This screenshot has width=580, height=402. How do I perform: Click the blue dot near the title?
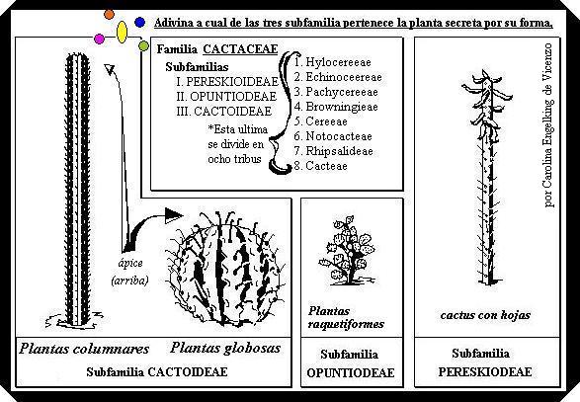point(139,23)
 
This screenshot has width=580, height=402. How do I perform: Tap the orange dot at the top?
point(109,15)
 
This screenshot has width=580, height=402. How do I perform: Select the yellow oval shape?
point(122,33)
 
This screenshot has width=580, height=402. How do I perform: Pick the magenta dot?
point(99,39)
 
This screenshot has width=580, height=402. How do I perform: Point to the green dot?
point(143,45)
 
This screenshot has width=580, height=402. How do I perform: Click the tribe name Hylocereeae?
point(338,62)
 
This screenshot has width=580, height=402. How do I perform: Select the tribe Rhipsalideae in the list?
point(339,151)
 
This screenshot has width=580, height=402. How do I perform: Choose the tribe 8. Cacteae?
point(321,166)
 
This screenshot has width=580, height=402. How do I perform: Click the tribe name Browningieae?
point(342,107)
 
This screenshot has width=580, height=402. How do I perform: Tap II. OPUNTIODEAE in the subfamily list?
point(226,97)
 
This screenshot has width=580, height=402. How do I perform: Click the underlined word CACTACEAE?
point(240,49)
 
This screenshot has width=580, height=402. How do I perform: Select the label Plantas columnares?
point(84,349)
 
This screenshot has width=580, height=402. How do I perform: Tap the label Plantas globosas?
point(225,348)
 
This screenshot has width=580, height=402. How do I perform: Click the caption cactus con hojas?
point(485,315)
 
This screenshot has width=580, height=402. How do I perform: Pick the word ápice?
point(130,264)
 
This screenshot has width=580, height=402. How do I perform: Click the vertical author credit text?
point(548,125)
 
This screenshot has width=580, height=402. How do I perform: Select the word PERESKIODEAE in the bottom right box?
point(485,371)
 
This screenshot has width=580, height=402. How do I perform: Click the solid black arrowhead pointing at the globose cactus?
point(173,215)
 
